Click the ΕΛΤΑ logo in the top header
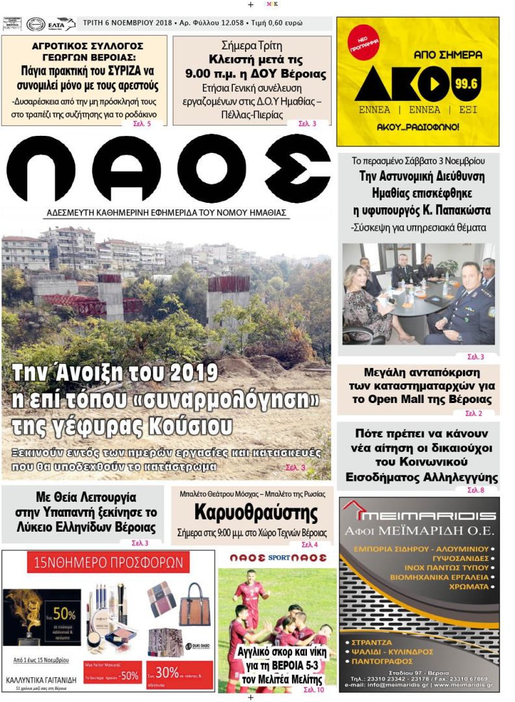tap(61, 24)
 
